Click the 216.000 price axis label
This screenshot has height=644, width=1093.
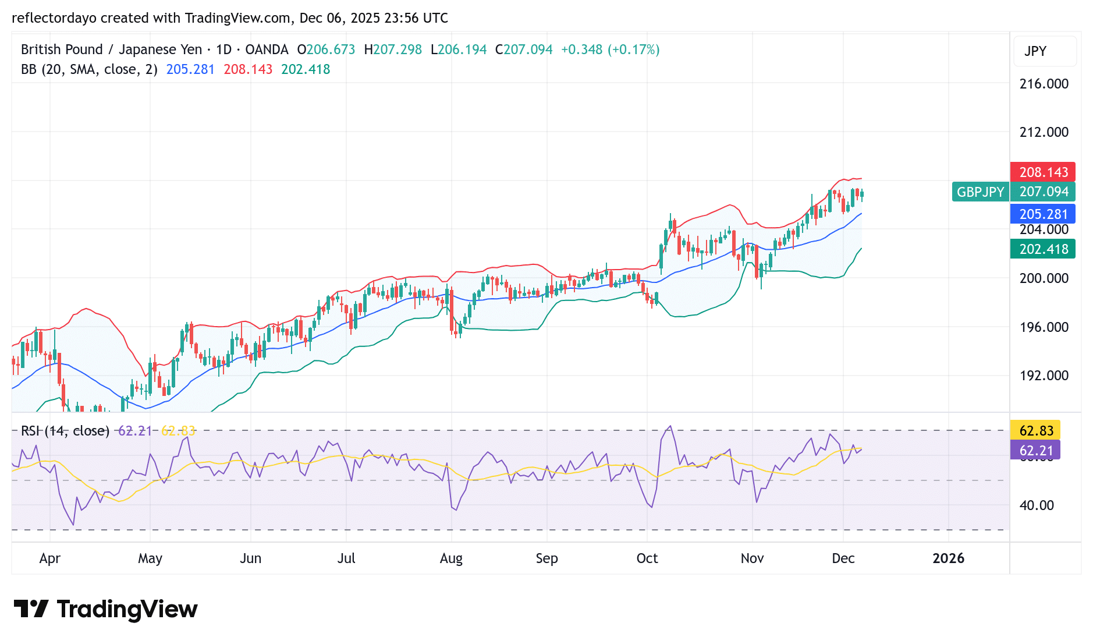click(x=1044, y=84)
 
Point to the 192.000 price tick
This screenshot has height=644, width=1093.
click(x=1044, y=376)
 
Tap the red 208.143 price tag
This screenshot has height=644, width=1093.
click(x=1042, y=172)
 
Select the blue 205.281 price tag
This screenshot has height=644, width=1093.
click(x=1042, y=214)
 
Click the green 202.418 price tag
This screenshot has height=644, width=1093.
click(x=1042, y=249)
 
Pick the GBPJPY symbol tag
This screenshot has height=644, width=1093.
click(x=980, y=192)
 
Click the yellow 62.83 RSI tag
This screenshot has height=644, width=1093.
click(x=1035, y=431)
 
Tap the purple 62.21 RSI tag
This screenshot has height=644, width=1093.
click(x=1035, y=451)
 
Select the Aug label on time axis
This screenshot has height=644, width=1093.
click(x=451, y=558)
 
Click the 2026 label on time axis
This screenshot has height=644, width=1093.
click(x=948, y=558)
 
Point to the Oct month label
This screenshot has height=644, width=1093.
click(x=647, y=558)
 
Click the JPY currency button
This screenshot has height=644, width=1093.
click(x=1035, y=51)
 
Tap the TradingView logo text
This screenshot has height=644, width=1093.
click(x=127, y=610)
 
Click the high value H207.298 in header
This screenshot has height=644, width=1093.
click(x=393, y=49)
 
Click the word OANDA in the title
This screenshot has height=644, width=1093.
click(x=267, y=49)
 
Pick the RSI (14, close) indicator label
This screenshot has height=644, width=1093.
click(x=65, y=431)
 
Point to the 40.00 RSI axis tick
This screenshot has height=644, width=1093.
click(x=1036, y=505)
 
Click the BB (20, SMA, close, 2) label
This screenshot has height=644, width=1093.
click(x=89, y=69)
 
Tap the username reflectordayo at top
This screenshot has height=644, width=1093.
click(x=54, y=18)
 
